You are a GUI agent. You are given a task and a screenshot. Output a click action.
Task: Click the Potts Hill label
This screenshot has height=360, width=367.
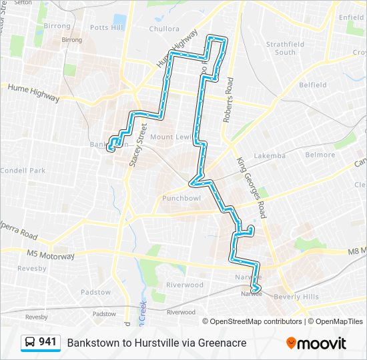[107, 28]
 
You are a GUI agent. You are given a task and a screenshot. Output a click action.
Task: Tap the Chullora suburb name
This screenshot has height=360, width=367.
[164, 29]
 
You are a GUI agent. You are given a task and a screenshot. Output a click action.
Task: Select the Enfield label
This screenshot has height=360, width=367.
[352, 17]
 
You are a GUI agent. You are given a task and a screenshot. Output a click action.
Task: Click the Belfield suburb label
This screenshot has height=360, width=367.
[312, 85]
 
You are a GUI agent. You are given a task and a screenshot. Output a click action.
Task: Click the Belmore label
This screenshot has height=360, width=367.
[320, 155]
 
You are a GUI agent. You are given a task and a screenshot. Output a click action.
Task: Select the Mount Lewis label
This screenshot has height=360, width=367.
[171, 137]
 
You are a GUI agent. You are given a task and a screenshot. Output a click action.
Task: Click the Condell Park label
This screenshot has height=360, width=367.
[23, 171]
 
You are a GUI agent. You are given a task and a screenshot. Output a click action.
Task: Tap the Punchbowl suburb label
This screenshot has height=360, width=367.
[181, 198]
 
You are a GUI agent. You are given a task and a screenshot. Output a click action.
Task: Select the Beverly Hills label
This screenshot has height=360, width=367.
[296, 297]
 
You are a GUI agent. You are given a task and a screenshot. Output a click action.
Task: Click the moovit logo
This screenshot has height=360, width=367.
[316, 343]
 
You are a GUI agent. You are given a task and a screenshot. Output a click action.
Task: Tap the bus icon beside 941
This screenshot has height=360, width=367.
[31, 343]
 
